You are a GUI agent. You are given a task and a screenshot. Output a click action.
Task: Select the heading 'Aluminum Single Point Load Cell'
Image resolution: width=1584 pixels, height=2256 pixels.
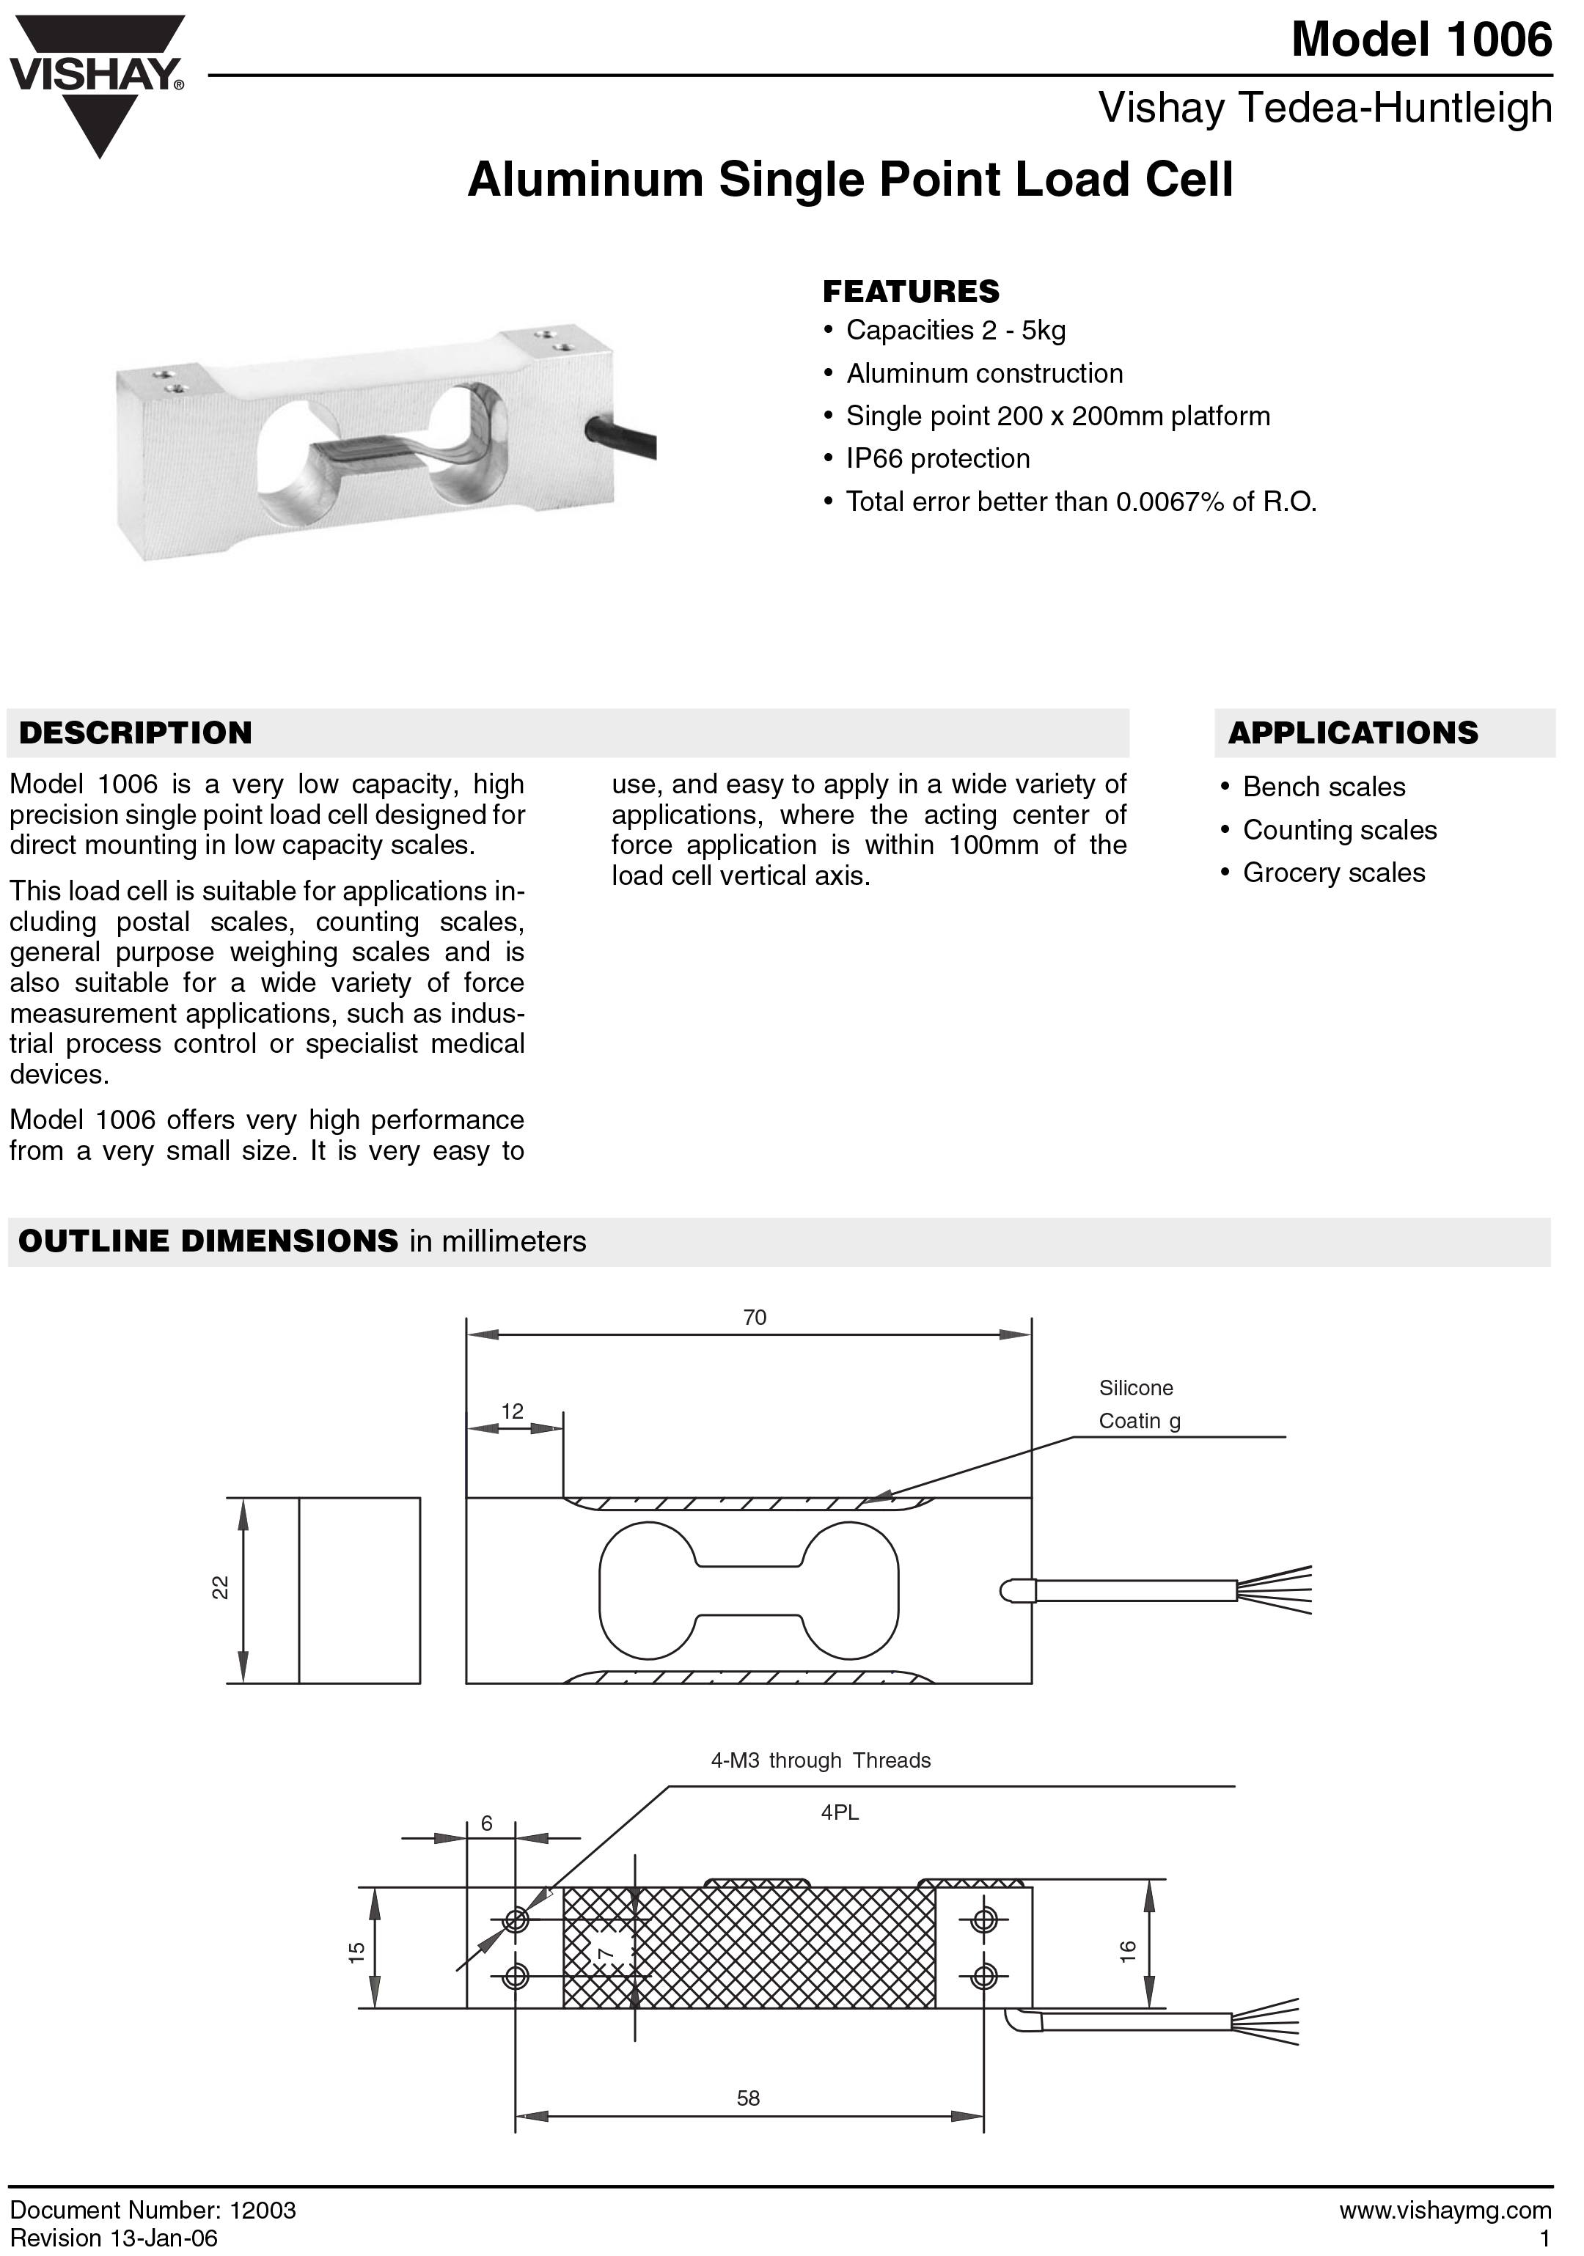pyautogui.click(x=850, y=180)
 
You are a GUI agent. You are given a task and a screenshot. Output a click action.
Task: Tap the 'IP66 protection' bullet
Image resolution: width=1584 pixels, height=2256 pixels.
pyautogui.click(x=937, y=459)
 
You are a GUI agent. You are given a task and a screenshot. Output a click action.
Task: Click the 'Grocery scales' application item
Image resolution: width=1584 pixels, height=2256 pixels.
pyautogui.click(x=1333, y=872)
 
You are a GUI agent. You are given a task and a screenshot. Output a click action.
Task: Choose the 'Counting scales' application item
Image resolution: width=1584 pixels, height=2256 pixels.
pyautogui.click(x=1339, y=830)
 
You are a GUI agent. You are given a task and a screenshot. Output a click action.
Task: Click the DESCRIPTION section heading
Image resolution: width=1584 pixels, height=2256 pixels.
pyautogui.click(x=136, y=733)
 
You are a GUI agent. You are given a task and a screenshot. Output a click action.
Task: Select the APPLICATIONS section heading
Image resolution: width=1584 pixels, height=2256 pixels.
pyautogui.click(x=1352, y=733)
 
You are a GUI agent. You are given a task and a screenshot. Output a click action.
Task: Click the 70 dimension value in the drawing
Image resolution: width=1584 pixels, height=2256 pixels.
pyautogui.click(x=755, y=1318)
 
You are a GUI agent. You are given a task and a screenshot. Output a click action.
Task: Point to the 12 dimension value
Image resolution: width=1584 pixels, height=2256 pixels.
pyautogui.click(x=512, y=1412)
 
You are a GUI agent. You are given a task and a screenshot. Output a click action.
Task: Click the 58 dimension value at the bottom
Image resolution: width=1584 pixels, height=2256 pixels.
pyautogui.click(x=749, y=2099)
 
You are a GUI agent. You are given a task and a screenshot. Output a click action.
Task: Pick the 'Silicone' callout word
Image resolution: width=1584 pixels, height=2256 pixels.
pyautogui.click(x=1136, y=1389)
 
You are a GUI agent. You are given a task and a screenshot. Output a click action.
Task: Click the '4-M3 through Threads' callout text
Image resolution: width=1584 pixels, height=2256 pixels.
pyautogui.click(x=821, y=1761)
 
